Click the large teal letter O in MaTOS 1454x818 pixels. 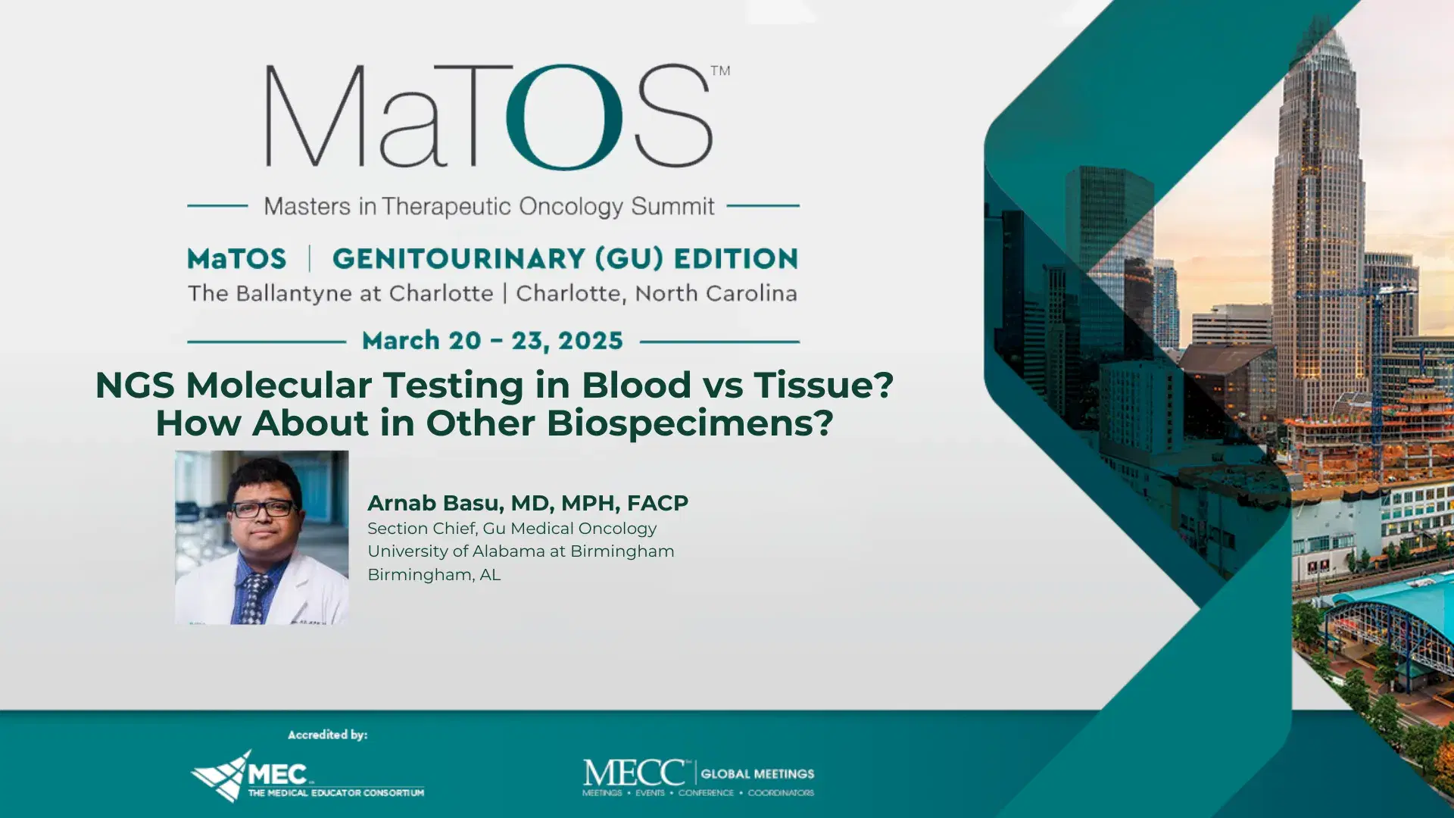click(x=564, y=117)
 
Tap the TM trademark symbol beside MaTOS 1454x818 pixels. click(x=720, y=70)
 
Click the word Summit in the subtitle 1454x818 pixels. click(x=672, y=206)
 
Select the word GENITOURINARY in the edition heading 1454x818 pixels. click(x=458, y=259)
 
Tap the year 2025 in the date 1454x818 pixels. click(x=590, y=341)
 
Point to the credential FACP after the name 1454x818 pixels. click(x=657, y=503)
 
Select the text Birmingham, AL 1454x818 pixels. click(x=434, y=575)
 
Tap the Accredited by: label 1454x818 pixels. click(x=327, y=735)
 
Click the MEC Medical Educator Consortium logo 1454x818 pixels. click(x=307, y=776)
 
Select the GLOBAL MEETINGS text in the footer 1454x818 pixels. click(x=757, y=774)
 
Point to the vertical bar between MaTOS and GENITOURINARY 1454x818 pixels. click(x=310, y=259)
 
